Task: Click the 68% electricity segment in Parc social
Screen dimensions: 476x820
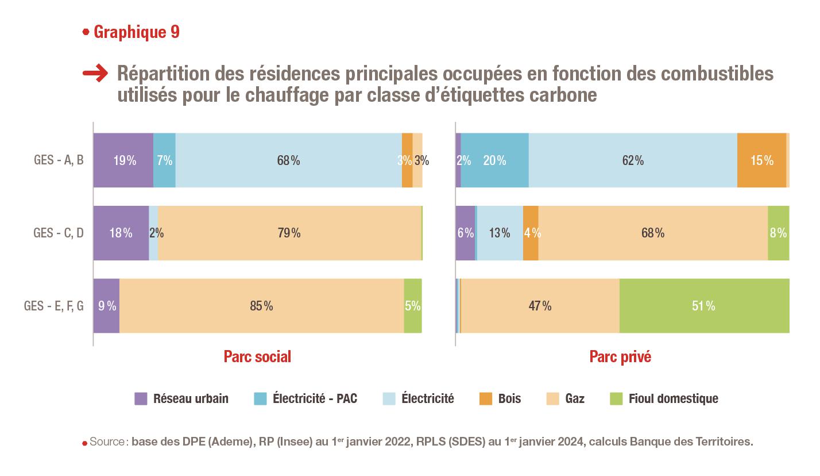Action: pyautogui.click(x=288, y=160)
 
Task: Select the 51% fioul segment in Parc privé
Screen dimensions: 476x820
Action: pyautogui.click(x=704, y=306)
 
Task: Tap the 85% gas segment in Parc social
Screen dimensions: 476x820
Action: pyautogui.click(x=261, y=306)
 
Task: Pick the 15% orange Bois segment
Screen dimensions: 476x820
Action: pyautogui.click(x=761, y=160)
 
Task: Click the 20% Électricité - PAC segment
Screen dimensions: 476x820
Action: pyautogui.click(x=494, y=160)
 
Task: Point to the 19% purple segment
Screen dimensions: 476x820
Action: pyautogui.click(x=123, y=160)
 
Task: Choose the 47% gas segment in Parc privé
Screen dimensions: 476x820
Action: pyautogui.click(x=540, y=306)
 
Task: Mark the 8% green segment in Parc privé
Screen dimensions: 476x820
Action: pyautogui.click(x=779, y=233)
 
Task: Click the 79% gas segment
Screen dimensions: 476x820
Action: pyautogui.click(x=289, y=233)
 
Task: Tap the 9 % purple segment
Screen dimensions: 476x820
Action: pyautogui.click(x=106, y=306)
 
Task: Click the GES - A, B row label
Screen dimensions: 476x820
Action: pyautogui.click(x=59, y=160)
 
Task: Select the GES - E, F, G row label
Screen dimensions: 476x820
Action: pyautogui.click(x=54, y=306)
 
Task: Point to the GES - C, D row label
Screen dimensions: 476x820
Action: pyautogui.click(x=59, y=233)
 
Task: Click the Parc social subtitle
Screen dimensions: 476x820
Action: pyautogui.click(x=257, y=357)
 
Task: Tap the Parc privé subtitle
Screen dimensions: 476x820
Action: pyautogui.click(x=620, y=357)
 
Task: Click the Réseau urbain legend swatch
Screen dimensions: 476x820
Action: pyautogui.click(x=141, y=398)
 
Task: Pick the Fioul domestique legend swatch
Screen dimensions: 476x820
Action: pyautogui.click(x=616, y=398)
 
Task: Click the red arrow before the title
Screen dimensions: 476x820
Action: pyautogui.click(x=95, y=73)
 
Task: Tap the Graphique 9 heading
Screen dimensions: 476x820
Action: pyautogui.click(x=136, y=32)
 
